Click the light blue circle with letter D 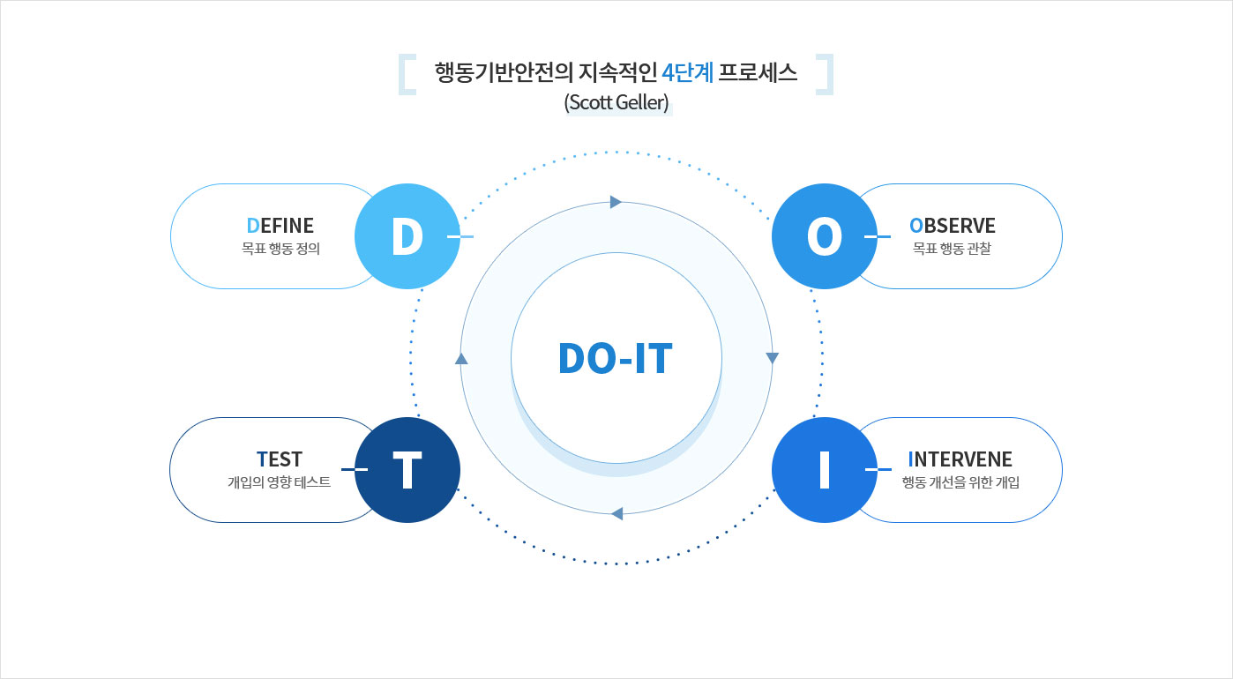point(407,236)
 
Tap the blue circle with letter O point(824,236)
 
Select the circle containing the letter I point(824,470)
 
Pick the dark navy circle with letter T point(407,470)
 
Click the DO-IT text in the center point(616,359)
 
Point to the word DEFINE point(280,226)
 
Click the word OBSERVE point(952,226)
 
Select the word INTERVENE point(960,459)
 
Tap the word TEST point(280,459)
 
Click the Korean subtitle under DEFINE point(280,249)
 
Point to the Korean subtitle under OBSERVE point(952,249)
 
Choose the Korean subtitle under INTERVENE point(960,482)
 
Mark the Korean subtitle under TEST point(280,482)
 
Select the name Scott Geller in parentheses point(616,102)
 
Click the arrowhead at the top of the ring point(616,202)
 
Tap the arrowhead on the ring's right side point(773,358)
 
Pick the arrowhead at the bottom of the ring point(616,513)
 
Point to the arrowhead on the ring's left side point(460,358)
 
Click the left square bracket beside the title point(407,75)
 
